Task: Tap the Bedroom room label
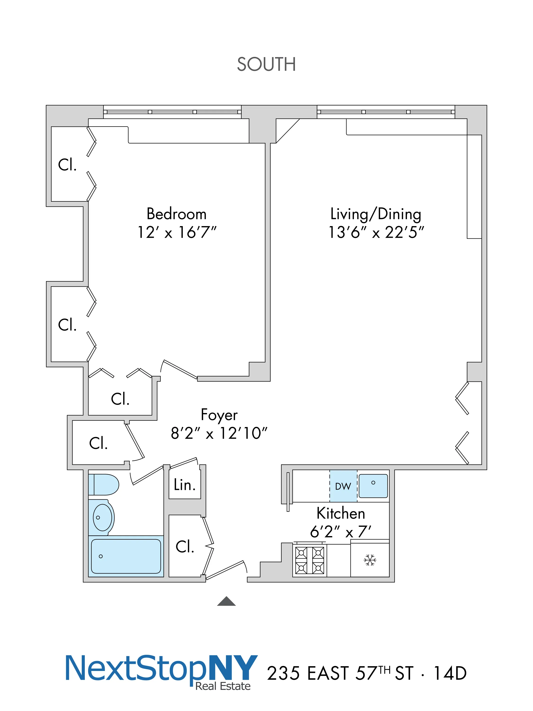point(176,214)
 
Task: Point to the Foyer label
point(219,415)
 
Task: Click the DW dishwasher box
point(343,486)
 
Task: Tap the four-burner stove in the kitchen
point(309,561)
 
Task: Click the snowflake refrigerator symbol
point(370,560)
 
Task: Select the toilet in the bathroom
point(104,484)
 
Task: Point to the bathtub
point(126,556)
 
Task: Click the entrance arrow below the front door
point(226,601)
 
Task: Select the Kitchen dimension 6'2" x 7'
point(341,532)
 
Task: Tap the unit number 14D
point(450,673)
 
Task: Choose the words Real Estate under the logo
point(223,686)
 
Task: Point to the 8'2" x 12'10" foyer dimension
point(219,433)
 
